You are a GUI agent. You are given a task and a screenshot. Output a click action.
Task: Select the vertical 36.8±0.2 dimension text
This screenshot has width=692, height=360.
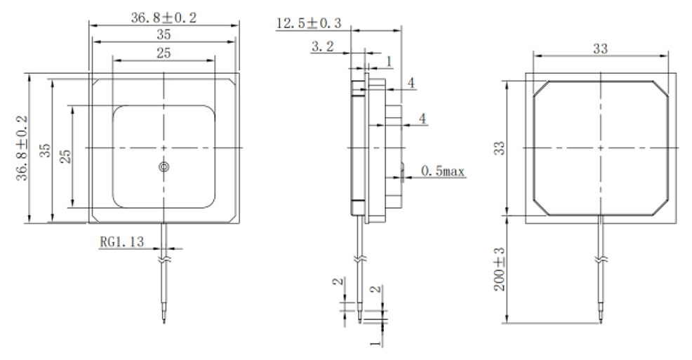point(21,147)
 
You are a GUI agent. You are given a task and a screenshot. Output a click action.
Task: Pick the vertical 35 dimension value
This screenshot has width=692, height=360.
point(44,149)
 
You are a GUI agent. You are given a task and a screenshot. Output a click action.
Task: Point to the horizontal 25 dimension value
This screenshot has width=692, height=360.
point(163,52)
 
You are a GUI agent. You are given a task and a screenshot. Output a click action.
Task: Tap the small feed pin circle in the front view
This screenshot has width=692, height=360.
point(164,166)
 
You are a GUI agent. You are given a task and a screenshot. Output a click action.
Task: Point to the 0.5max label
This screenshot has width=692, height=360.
point(443,171)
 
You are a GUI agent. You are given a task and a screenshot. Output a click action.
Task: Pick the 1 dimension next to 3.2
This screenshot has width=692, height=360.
point(389,62)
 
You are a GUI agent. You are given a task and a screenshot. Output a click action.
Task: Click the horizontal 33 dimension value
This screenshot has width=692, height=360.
point(600,48)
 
